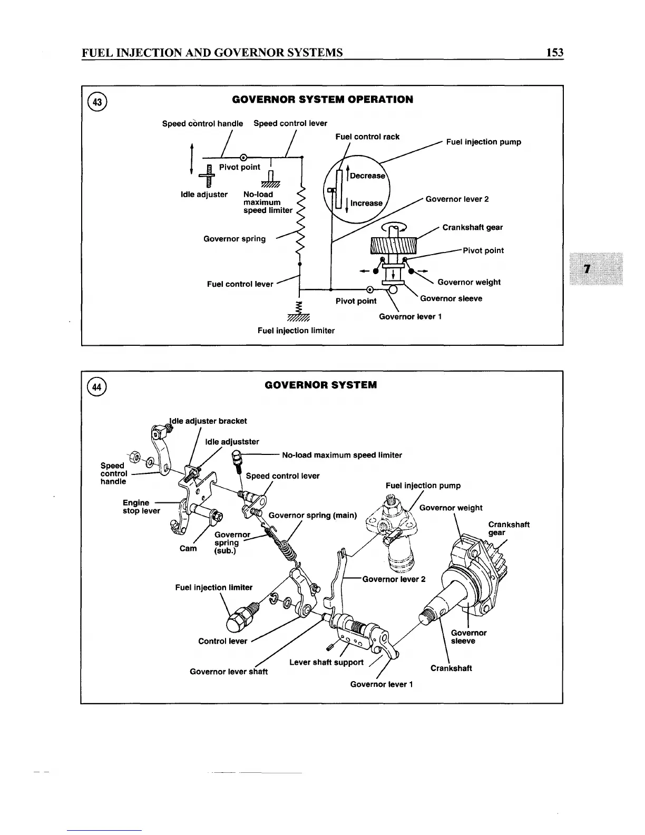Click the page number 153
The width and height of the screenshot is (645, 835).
[554, 52]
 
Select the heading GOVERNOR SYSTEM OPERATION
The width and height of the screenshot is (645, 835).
[322, 100]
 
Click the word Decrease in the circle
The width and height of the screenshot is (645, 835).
[367, 176]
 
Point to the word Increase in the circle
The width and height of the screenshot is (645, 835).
[366, 203]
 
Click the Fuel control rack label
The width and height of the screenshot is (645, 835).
[367, 137]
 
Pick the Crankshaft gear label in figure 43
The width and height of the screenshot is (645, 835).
[472, 228]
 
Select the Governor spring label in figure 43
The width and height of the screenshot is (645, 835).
[234, 239]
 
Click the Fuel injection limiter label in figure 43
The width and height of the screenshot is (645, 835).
[296, 331]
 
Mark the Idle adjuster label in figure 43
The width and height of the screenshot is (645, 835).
[204, 195]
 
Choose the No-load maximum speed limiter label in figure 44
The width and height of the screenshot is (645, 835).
[342, 455]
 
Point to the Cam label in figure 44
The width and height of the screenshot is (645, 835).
[188, 548]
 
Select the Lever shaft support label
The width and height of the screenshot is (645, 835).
[326, 662]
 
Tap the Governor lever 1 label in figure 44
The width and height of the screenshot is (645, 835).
[382, 684]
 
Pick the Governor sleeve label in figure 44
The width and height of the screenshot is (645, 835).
[468, 637]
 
